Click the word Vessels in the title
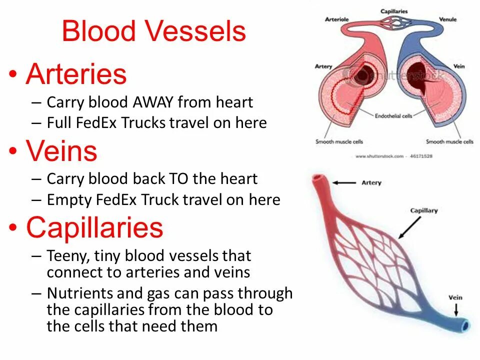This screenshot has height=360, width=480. [197, 31]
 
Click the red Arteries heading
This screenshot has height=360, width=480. [76, 74]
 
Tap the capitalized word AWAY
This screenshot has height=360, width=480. [153, 102]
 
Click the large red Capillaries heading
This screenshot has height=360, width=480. [94, 227]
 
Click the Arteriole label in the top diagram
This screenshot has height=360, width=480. [336, 20]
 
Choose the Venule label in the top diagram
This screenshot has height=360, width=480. [447, 20]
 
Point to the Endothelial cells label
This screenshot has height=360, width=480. [393, 115]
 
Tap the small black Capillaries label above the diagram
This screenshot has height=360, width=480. [394, 11]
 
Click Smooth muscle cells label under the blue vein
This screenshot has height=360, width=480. [449, 141]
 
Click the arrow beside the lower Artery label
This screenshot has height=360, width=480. [344, 183]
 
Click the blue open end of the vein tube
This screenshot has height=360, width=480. [465, 325]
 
